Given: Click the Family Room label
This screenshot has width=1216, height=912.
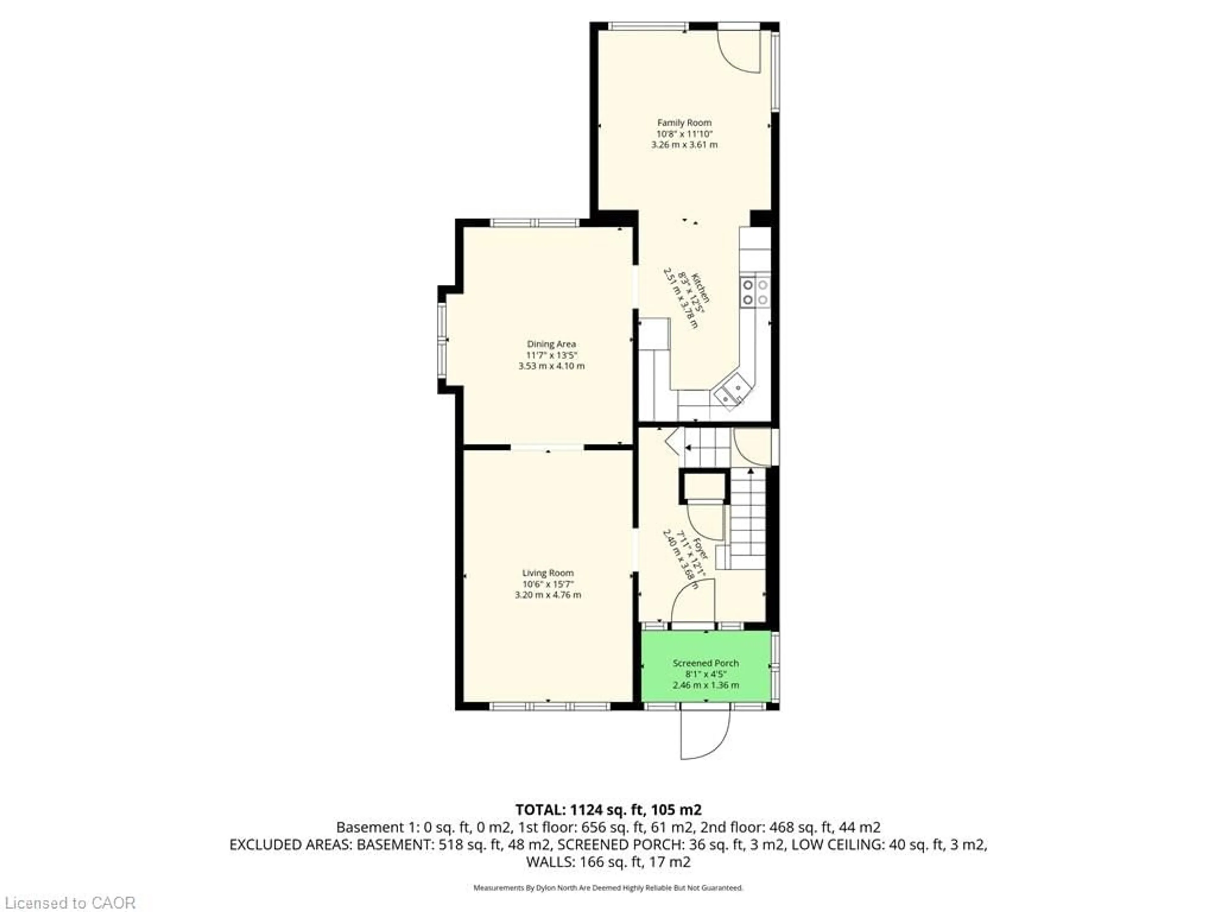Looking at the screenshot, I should click(684, 123).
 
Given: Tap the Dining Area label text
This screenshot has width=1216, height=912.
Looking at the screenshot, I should click(551, 344).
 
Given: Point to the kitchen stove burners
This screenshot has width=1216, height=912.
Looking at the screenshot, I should click(755, 292).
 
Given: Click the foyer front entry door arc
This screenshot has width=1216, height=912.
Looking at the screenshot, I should click(693, 602).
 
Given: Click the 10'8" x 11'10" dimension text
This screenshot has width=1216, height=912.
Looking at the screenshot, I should click(684, 134).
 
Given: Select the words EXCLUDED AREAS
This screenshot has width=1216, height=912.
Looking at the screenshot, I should click(291, 845).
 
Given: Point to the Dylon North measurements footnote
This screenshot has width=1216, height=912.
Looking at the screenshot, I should click(608, 887).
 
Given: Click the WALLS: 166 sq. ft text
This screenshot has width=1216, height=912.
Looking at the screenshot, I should click(608, 862).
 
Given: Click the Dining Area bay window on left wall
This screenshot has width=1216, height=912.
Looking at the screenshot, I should click(442, 339).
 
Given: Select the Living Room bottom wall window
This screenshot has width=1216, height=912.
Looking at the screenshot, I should click(550, 706).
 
